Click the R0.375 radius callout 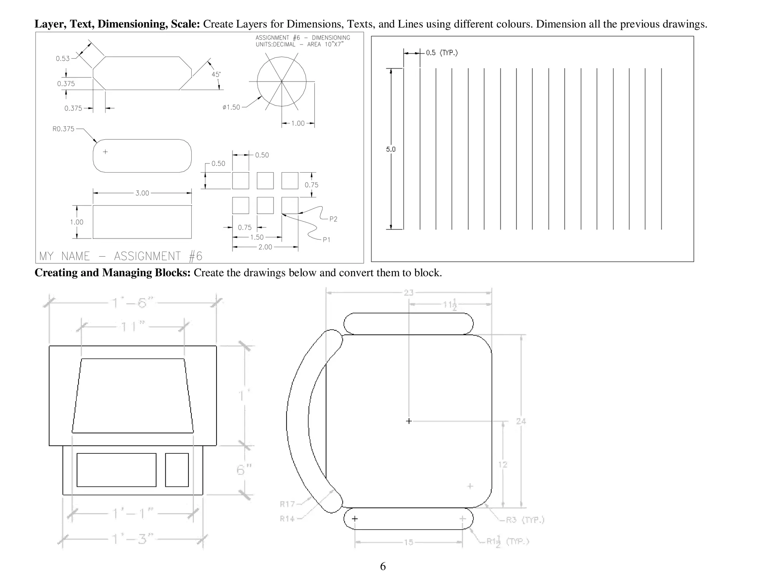point(63,129)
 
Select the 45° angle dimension point(216,74)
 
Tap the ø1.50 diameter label point(231,107)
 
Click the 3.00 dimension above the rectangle point(142,193)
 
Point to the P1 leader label point(326,240)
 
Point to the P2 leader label point(333,219)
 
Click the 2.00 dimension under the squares point(265,247)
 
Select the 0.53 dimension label point(63,59)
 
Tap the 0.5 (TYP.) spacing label point(442,53)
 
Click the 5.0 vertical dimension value point(391,149)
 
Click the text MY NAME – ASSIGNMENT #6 point(121,256)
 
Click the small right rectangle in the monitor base point(177,470)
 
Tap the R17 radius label point(287,504)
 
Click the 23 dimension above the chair point(408,293)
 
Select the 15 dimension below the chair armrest point(408,542)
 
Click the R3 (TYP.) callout point(524,520)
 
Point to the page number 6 point(383,566)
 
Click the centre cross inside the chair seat point(409,421)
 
